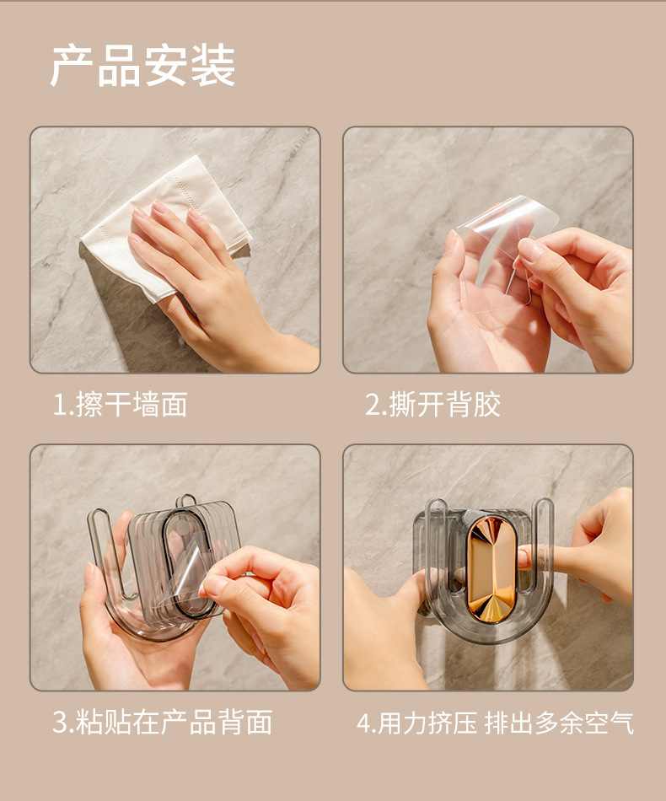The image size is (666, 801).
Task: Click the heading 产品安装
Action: point(142,66)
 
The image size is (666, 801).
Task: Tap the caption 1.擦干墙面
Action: point(120,405)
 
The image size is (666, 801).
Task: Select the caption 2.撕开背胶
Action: point(432,405)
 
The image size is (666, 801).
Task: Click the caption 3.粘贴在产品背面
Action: point(163,723)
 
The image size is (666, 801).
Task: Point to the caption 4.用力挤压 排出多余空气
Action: point(495,723)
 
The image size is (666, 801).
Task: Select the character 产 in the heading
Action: point(72,66)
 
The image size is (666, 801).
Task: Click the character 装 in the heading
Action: point(212,66)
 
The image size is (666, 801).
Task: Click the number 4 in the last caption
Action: point(363,723)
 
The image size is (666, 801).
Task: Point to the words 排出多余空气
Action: point(558,723)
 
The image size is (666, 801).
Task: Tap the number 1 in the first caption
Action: point(59,406)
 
